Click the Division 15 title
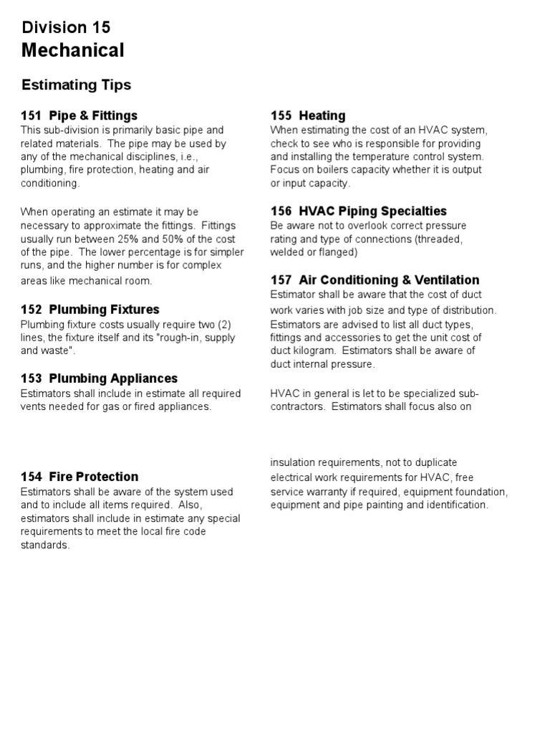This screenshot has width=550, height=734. [66, 27]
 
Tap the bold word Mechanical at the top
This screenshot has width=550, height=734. [72, 50]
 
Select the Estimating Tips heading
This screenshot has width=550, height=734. [77, 85]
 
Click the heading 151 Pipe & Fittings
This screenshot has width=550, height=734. [79, 115]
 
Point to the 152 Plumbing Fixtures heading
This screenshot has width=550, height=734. [90, 310]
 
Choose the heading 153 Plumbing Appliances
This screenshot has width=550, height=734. [99, 378]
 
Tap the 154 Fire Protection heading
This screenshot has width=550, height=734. [79, 477]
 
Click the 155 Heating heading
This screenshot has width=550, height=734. [308, 115]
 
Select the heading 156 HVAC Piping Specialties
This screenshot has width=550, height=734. [358, 211]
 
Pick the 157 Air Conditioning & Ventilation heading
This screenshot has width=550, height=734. [375, 280]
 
